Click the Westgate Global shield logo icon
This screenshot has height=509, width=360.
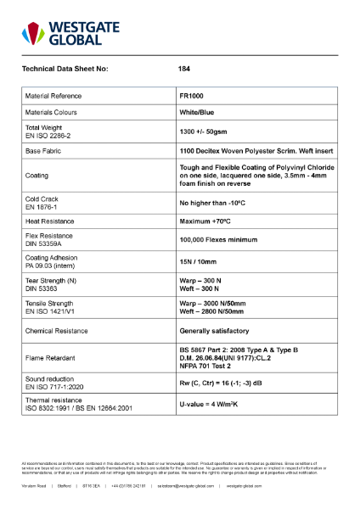coord(34,33)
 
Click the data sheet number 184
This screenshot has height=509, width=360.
coord(184,68)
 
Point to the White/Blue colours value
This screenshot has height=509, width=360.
coord(199,112)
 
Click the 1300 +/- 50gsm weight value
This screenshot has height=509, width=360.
coord(204,132)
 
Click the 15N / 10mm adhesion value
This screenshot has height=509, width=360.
coord(198,262)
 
